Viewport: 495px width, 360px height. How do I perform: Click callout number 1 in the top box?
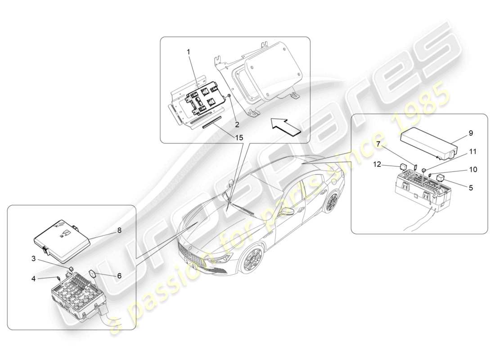[x=189, y=52]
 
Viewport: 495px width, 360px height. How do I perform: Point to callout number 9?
[x=471, y=133]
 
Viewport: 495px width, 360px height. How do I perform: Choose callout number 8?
[x=119, y=229]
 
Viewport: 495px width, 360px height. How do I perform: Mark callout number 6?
[x=119, y=276]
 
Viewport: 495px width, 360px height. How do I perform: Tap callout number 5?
[x=471, y=188]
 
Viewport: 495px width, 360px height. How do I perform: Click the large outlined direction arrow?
[x=285, y=126]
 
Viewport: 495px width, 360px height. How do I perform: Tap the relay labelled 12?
[x=403, y=170]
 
